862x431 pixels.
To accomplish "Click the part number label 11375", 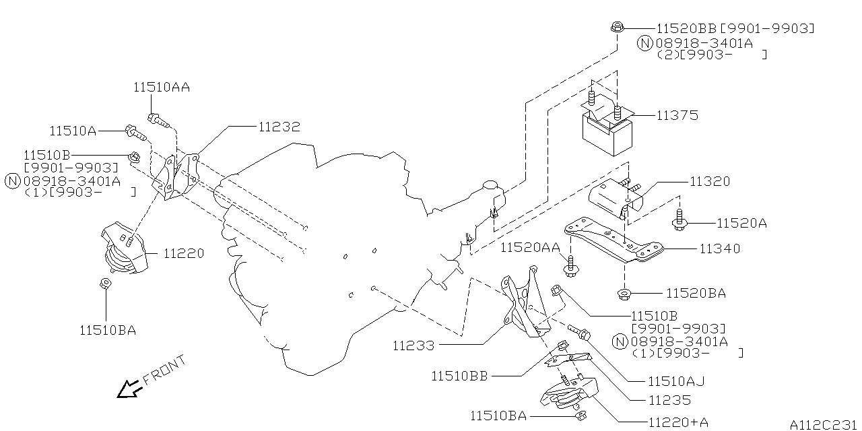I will tap(677, 115).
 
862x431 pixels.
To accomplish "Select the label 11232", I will tap(278, 126).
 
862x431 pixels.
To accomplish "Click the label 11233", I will tap(413, 345).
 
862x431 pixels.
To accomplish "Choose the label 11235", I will tap(670, 400).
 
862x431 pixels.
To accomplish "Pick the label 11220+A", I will tap(678, 422).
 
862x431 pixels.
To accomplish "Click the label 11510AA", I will tap(162, 87).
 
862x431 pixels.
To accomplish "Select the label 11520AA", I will tap(530, 248).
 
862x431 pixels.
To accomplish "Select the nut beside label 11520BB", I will tap(617, 28).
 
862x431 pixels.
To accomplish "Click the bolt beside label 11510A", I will tap(132, 129).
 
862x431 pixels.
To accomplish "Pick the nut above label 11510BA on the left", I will tap(106, 284).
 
